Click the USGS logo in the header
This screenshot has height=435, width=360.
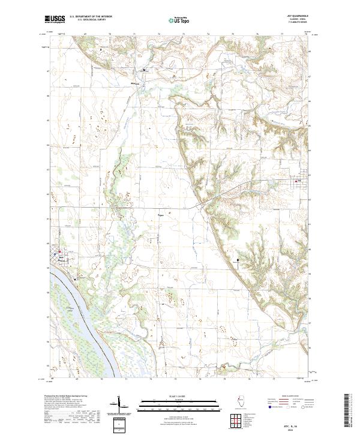pyautogui.click(x=55, y=19)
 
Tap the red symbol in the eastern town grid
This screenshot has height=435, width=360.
pyautogui.click(x=298, y=181)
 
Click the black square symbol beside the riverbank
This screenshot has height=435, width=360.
pyautogui.click(x=75, y=278)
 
